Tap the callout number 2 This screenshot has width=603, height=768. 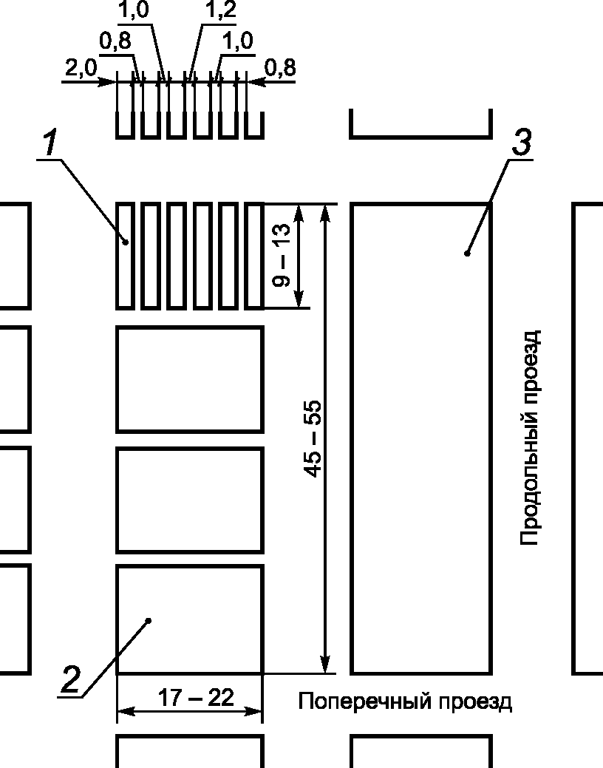(x=70, y=680)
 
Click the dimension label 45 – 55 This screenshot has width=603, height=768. (x=313, y=438)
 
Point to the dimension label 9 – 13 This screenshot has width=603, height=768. (x=282, y=255)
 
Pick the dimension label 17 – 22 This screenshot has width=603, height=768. (x=195, y=698)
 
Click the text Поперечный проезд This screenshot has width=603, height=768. (x=405, y=701)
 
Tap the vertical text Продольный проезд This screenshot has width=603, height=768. (x=531, y=438)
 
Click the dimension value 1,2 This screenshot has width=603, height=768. (x=220, y=10)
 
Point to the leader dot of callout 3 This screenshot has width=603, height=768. (x=467, y=254)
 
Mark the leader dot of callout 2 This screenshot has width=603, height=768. (x=149, y=621)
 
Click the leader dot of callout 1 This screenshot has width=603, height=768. (x=126, y=242)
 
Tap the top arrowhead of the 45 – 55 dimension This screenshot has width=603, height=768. (x=324, y=214)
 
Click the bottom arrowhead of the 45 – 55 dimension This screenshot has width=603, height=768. (x=324, y=664)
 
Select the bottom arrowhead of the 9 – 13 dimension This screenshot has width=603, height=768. (x=299, y=299)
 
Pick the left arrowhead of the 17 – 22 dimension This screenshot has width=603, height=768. (x=126, y=711)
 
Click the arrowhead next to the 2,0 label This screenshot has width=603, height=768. (x=108, y=81)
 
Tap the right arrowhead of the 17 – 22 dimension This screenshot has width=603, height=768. (x=253, y=711)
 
